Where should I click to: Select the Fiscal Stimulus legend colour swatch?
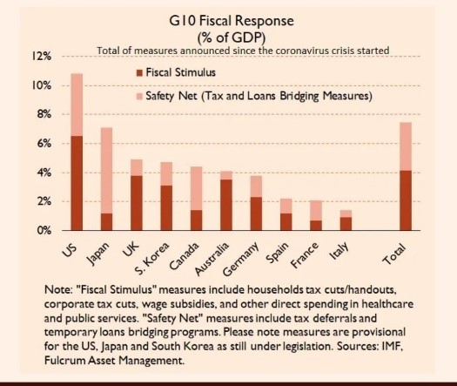139,72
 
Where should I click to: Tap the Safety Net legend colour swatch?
139,97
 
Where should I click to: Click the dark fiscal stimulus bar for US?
77,183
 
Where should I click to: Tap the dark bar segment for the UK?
135,203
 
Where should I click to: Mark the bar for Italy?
346,222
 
